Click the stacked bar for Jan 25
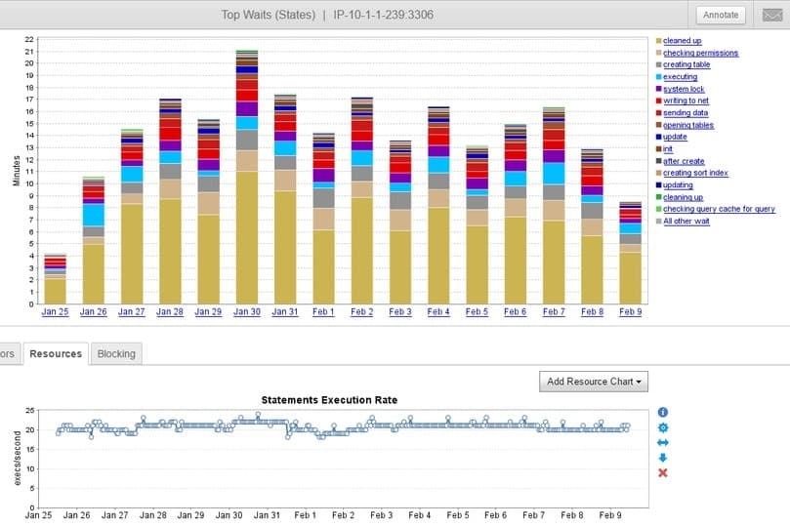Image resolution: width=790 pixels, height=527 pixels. (x=56, y=279)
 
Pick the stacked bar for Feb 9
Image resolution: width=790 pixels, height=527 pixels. (x=631, y=254)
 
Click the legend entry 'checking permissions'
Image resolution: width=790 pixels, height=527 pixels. (x=700, y=53)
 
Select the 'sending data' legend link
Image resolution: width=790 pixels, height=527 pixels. (x=686, y=113)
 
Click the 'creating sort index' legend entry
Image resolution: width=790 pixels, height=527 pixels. (x=695, y=173)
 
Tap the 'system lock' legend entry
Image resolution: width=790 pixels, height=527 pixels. (x=684, y=89)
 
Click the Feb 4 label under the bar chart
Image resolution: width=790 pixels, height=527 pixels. (x=438, y=312)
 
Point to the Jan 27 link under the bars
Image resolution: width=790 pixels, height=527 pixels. (x=132, y=312)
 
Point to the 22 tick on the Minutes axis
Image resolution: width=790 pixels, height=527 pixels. (x=29, y=39)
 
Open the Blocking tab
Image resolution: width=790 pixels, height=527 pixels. (x=116, y=353)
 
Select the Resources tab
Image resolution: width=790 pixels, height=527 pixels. (x=56, y=353)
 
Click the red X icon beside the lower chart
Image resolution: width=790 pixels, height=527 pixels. (x=663, y=473)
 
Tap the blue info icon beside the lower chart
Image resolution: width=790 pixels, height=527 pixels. (x=663, y=413)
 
